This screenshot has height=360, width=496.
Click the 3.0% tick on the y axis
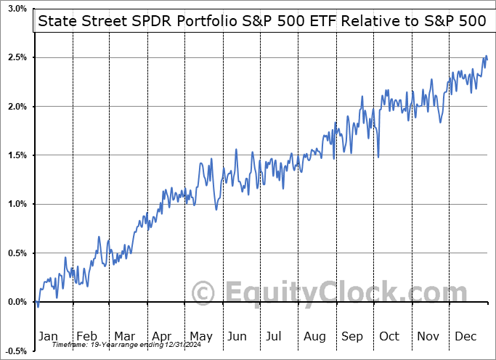pyautogui.click(x=17, y=9)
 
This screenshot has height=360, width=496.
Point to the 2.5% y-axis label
pyautogui.click(x=17, y=57)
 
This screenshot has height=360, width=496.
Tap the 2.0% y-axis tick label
pyautogui.click(x=17, y=107)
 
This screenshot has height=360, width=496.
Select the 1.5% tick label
pyautogui.click(x=17, y=155)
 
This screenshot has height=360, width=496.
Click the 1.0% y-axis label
pyautogui.click(x=17, y=204)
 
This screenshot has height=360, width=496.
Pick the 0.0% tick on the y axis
pyautogui.click(x=17, y=302)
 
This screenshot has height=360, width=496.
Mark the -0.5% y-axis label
pyautogui.click(x=15, y=351)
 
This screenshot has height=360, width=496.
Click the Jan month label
pyautogui.click(x=47, y=337)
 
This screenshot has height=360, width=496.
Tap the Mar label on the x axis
pyautogui.click(x=123, y=337)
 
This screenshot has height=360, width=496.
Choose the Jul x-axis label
pyautogui.click(x=275, y=337)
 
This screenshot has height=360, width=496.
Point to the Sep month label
pyautogui.click(x=351, y=337)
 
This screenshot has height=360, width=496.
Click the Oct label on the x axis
pyautogui.click(x=389, y=337)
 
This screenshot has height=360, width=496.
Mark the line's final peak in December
pyautogui.click(x=485, y=56)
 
